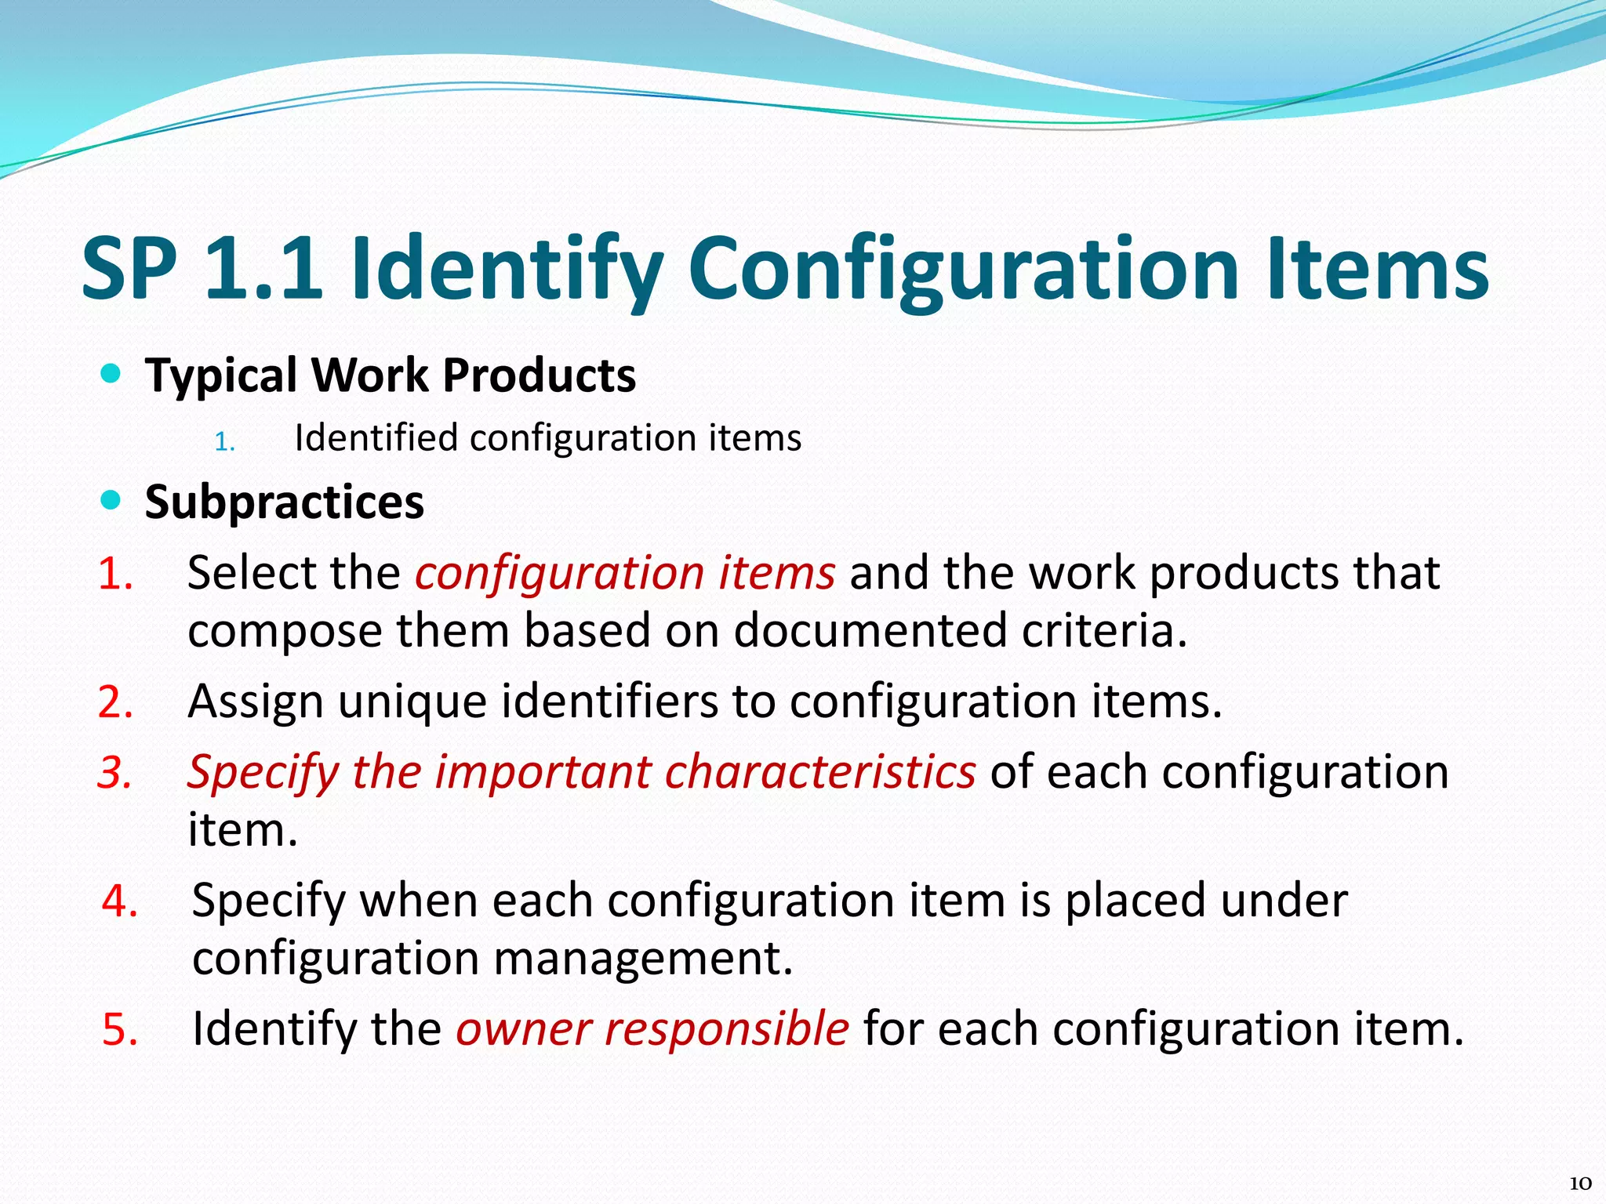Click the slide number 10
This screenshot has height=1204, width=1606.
(x=1580, y=1183)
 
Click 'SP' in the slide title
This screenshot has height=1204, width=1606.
(x=129, y=268)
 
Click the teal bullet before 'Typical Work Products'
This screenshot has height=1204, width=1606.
(x=111, y=374)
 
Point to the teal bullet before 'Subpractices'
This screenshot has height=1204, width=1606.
(x=111, y=500)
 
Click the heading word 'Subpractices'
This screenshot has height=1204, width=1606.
(x=285, y=502)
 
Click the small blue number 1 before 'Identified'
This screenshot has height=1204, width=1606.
(x=224, y=442)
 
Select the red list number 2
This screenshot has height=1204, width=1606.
(x=115, y=701)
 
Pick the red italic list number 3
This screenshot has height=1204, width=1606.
(x=114, y=772)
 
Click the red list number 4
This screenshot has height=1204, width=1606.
(x=120, y=900)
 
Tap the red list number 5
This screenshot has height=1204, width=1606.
(x=120, y=1028)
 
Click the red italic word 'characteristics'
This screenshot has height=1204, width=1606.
(x=819, y=772)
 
